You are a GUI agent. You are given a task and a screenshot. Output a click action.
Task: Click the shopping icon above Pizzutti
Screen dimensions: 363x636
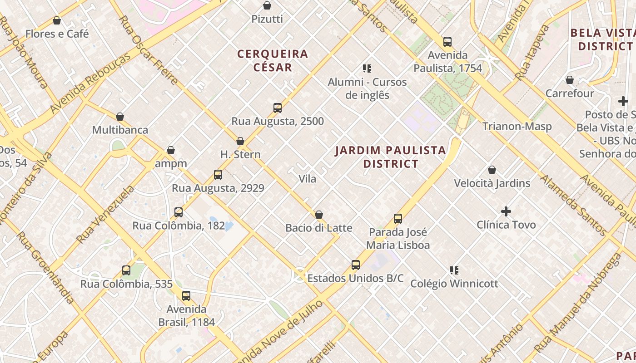pos(267,5)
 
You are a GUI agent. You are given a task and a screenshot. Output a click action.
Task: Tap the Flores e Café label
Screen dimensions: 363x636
pos(57,34)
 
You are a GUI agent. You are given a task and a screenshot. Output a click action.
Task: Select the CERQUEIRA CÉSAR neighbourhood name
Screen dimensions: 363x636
pos(273,60)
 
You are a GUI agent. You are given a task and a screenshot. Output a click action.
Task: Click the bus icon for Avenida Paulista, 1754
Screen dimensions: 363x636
pos(447,42)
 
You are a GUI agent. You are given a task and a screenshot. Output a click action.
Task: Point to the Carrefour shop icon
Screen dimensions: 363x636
pos(570,80)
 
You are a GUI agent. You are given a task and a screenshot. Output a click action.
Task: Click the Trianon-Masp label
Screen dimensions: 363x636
pos(517,126)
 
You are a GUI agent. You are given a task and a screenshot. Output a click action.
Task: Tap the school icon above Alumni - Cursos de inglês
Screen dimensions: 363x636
pos(367,69)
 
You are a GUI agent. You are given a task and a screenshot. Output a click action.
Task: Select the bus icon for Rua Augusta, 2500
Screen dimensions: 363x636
pos(278,108)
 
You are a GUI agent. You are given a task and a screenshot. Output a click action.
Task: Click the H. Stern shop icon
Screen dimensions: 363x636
pos(240,141)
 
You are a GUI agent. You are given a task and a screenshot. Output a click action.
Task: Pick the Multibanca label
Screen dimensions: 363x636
pos(120,130)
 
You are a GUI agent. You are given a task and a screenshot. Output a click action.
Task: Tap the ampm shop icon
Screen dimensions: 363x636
pos(171,150)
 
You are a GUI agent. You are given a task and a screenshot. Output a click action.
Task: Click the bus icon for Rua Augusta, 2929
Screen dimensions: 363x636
pos(218,175)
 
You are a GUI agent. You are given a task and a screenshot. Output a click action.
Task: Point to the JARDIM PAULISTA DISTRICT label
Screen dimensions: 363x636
pos(391,157)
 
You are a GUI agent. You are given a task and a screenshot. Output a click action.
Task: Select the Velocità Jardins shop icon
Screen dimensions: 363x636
pos(492,170)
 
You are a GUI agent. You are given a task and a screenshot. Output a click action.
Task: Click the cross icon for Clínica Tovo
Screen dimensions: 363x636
pos(506,211)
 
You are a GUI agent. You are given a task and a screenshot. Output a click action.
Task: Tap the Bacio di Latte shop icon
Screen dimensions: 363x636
pos(319,215)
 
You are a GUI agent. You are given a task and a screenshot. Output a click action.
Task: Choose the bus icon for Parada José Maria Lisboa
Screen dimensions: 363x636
pos(398,219)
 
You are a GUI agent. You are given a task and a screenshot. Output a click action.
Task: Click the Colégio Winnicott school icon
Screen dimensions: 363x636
pos(454,270)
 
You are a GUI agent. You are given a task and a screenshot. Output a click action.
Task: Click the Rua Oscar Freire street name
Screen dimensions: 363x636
pos(148,50)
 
